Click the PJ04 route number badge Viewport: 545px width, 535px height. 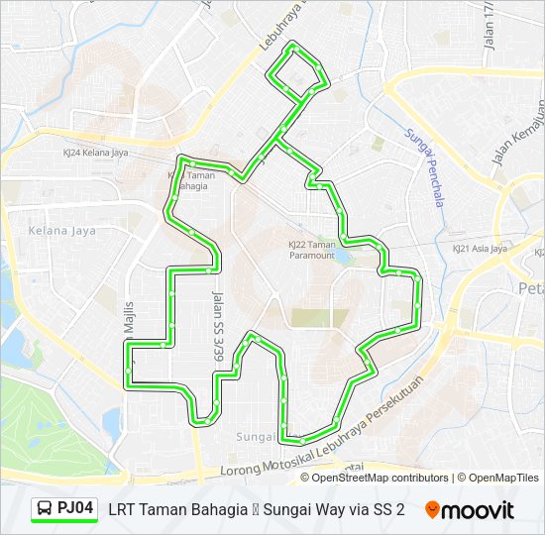pyautogui.click(x=75, y=509)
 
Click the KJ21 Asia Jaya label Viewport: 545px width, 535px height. pyautogui.click(x=480, y=249)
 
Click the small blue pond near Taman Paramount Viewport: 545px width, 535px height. pyautogui.click(x=343, y=256)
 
